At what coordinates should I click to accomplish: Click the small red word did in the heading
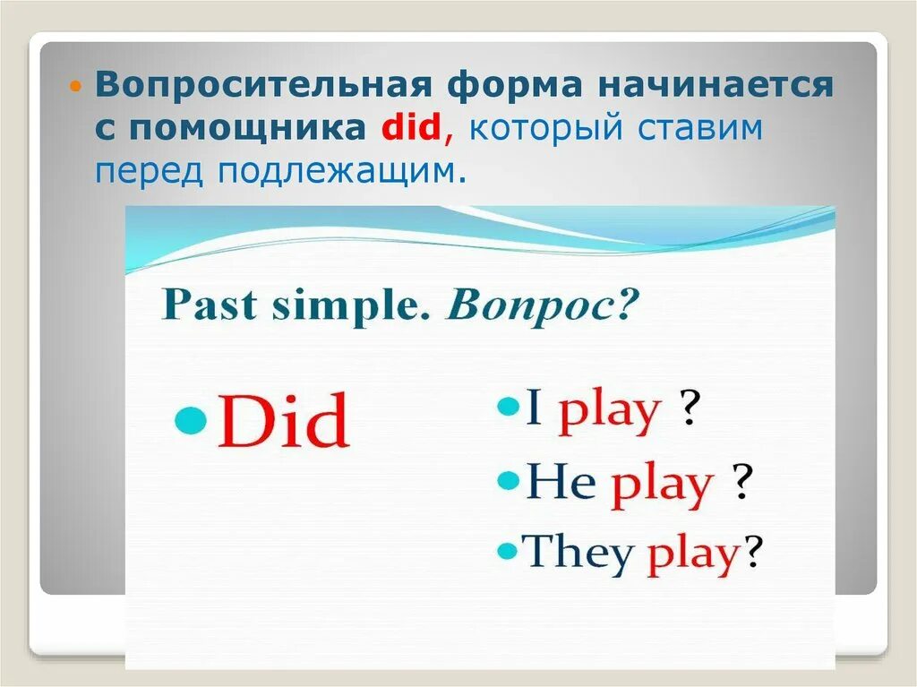tap(410, 126)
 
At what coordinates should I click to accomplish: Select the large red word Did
tap(284, 420)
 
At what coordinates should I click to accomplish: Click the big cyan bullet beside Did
tap(192, 419)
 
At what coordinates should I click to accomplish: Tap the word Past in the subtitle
tap(209, 305)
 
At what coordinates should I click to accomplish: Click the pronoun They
tap(578, 552)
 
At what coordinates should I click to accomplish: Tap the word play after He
tap(662, 487)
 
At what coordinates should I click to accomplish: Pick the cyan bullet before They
tap(507, 551)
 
